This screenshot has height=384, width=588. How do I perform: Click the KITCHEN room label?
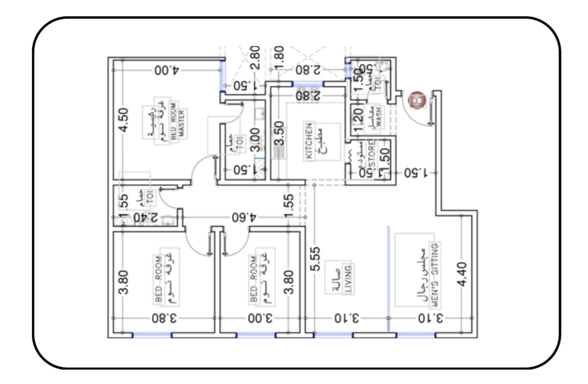pos(309,141)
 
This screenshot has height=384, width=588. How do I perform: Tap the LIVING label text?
pos(348,279)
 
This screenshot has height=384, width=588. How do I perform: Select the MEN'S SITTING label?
pos(435,274)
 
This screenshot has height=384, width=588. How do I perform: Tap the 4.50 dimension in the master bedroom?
pos(124,120)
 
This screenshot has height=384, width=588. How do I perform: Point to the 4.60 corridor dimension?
pos(244,217)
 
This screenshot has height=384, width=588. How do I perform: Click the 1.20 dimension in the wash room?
pos(357,119)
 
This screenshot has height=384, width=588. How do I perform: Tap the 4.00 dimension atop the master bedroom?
pos(167,70)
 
